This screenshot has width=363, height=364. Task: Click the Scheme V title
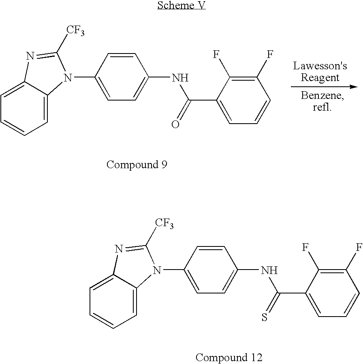[x=181, y=5]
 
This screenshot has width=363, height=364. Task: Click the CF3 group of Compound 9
[x=75, y=31]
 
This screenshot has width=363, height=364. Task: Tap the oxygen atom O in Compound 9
[x=175, y=124]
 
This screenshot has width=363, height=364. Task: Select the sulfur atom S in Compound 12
[x=265, y=317]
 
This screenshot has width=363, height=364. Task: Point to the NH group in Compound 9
[x=180, y=78]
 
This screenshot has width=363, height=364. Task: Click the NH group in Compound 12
[x=269, y=270]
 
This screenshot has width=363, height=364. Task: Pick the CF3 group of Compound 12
[x=164, y=224]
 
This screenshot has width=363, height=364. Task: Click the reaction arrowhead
[x=354, y=87]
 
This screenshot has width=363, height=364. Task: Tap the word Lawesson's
[x=320, y=66]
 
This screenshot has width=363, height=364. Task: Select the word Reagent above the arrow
[x=320, y=77]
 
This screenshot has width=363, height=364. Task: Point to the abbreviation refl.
[x=322, y=107]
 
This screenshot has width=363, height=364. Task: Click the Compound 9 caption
[x=137, y=165]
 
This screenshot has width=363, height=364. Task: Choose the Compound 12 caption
[x=229, y=358]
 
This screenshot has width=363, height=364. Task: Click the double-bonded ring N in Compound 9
[x=30, y=56]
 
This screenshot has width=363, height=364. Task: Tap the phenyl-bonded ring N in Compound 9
[x=68, y=78]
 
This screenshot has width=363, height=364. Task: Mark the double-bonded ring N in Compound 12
[x=119, y=249]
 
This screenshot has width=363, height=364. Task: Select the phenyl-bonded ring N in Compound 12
[x=156, y=270]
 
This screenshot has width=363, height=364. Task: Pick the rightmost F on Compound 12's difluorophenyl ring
[x=359, y=248]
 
